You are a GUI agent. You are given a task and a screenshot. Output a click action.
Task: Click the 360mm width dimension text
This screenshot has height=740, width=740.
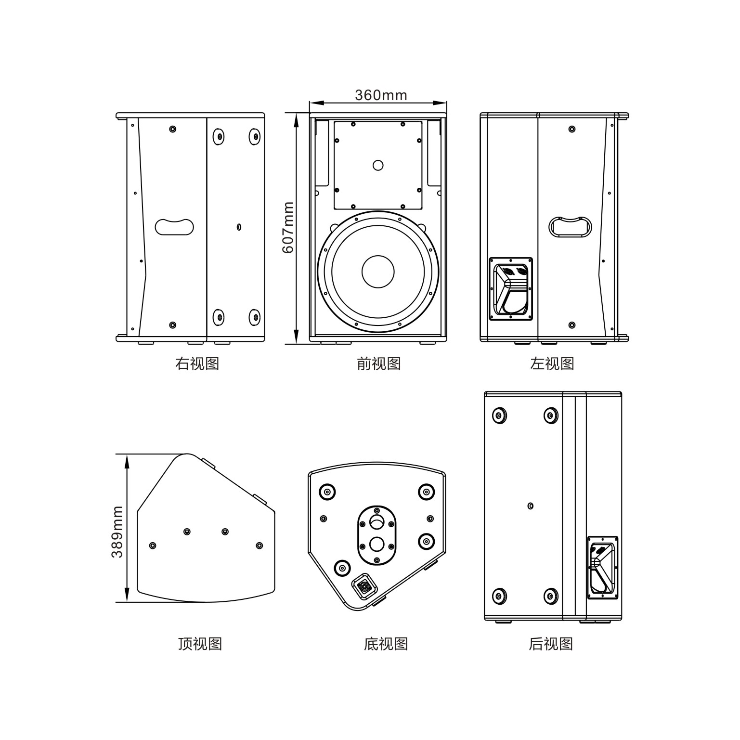[381, 95]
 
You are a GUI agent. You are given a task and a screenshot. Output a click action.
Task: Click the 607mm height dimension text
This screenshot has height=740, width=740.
[287, 227]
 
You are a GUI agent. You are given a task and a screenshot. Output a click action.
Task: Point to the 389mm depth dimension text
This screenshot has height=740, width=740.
[117, 532]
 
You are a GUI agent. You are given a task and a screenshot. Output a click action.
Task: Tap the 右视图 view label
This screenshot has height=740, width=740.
[197, 364]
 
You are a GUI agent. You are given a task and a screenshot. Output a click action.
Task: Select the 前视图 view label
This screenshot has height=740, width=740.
[379, 364]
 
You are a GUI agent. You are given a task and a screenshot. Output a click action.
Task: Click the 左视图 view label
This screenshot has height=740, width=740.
[552, 364]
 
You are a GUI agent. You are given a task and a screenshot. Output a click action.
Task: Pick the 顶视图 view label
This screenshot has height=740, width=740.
[200, 644]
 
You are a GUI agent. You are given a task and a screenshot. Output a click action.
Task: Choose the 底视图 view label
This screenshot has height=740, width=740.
[386, 644]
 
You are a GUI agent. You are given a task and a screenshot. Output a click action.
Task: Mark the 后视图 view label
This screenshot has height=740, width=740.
[551, 644]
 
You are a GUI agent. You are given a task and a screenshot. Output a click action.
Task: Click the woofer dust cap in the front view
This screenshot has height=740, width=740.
[378, 272]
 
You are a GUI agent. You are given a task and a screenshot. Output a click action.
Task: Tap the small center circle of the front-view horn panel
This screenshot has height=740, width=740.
[378, 165]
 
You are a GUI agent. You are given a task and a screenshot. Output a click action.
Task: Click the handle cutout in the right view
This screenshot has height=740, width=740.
[174, 227]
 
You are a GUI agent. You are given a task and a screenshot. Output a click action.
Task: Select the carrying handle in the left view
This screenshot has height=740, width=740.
[571, 227]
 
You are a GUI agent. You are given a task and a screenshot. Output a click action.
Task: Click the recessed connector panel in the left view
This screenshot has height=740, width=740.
[511, 288]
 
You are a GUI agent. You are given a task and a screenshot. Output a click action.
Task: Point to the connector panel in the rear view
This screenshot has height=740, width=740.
[602, 567]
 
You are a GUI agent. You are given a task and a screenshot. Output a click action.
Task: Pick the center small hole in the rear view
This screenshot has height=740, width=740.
[531, 506]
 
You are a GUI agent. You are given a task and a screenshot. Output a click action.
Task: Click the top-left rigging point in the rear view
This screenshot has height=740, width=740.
[499, 415]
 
